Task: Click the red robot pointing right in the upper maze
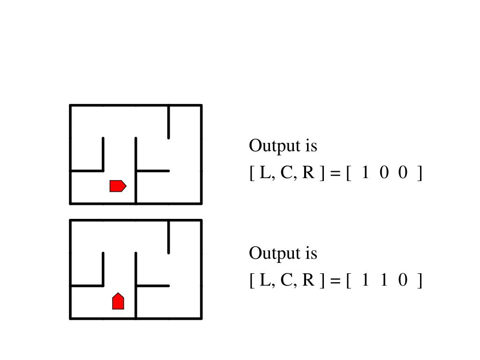pos(118,186)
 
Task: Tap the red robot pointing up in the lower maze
pos(118,301)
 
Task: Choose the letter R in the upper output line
pos(308,173)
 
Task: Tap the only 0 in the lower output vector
pos(403,281)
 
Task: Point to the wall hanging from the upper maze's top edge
pos(169,121)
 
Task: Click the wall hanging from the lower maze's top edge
pos(169,236)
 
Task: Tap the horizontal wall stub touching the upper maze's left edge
pos(87,171)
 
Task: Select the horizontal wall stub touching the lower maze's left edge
pos(87,285)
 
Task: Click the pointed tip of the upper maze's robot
pos(126,186)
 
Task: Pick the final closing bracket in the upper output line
pos(420,174)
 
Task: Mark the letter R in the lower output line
pos(308,281)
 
